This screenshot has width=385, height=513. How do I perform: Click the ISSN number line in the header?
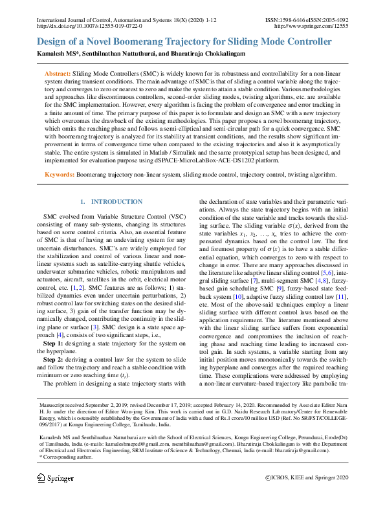pos(306,21)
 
